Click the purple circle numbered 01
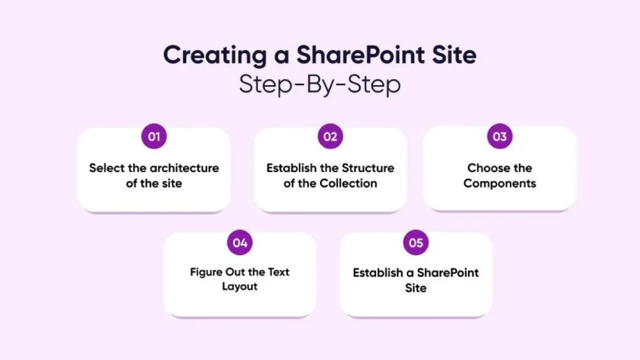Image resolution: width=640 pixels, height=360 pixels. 154,137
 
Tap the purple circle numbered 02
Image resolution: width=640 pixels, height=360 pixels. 330,137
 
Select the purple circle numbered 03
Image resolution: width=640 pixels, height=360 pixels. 499,137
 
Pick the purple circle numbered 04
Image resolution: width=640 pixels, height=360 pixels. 240,243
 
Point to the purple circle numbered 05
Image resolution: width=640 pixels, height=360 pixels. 416,243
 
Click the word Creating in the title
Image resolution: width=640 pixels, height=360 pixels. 215,55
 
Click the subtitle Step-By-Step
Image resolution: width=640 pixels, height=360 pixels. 320,84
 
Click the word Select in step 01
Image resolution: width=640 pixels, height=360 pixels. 107,168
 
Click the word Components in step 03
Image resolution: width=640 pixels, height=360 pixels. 499,183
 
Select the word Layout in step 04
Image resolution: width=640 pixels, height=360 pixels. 240,287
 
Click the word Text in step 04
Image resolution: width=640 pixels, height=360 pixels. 278,272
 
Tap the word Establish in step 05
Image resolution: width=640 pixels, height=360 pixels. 378,273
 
